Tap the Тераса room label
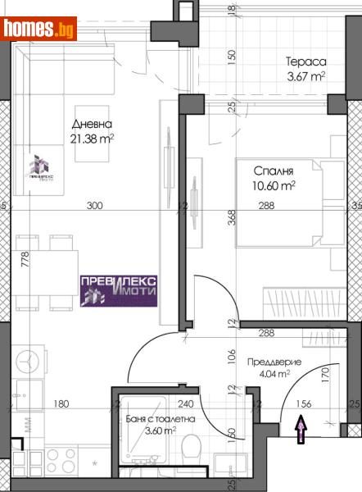pyautogui.click(x=306, y=61)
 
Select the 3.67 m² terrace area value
pyautogui.click(x=305, y=78)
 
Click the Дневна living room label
pyautogui.click(x=90, y=125)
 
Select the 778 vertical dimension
pyautogui.click(x=25, y=260)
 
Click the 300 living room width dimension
pyautogui.click(x=96, y=207)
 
